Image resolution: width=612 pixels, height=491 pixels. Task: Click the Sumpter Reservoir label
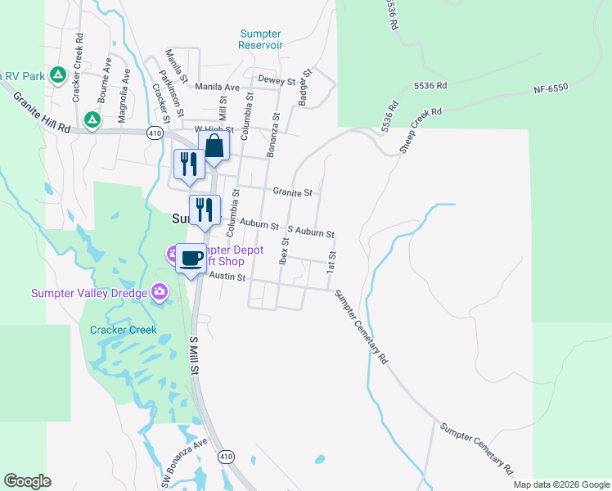(260, 39)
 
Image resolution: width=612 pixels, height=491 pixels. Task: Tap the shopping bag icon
(214, 147)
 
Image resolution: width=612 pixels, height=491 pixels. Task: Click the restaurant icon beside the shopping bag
(188, 164)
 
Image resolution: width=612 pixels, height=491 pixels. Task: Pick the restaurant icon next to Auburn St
(205, 210)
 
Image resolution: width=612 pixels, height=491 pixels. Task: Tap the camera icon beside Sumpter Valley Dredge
(160, 291)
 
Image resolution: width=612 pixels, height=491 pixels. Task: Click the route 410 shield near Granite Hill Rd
(153, 133)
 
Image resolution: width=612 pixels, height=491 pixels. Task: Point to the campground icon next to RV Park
(58, 76)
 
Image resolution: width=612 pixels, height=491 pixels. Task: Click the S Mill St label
(195, 356)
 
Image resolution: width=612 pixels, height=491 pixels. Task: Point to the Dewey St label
(277, 80)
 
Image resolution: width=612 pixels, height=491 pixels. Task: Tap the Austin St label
(227, 277)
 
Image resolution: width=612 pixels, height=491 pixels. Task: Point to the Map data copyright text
(560, 484)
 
